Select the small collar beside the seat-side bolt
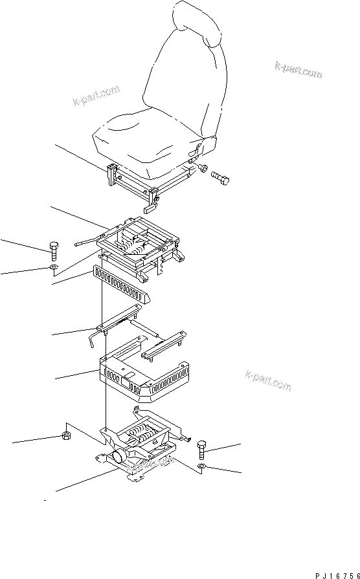click(203, 170)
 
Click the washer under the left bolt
click(54, 267)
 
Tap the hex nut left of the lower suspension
click(67, 435)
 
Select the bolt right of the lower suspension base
click(201, 448)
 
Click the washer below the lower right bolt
click(202, 466)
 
